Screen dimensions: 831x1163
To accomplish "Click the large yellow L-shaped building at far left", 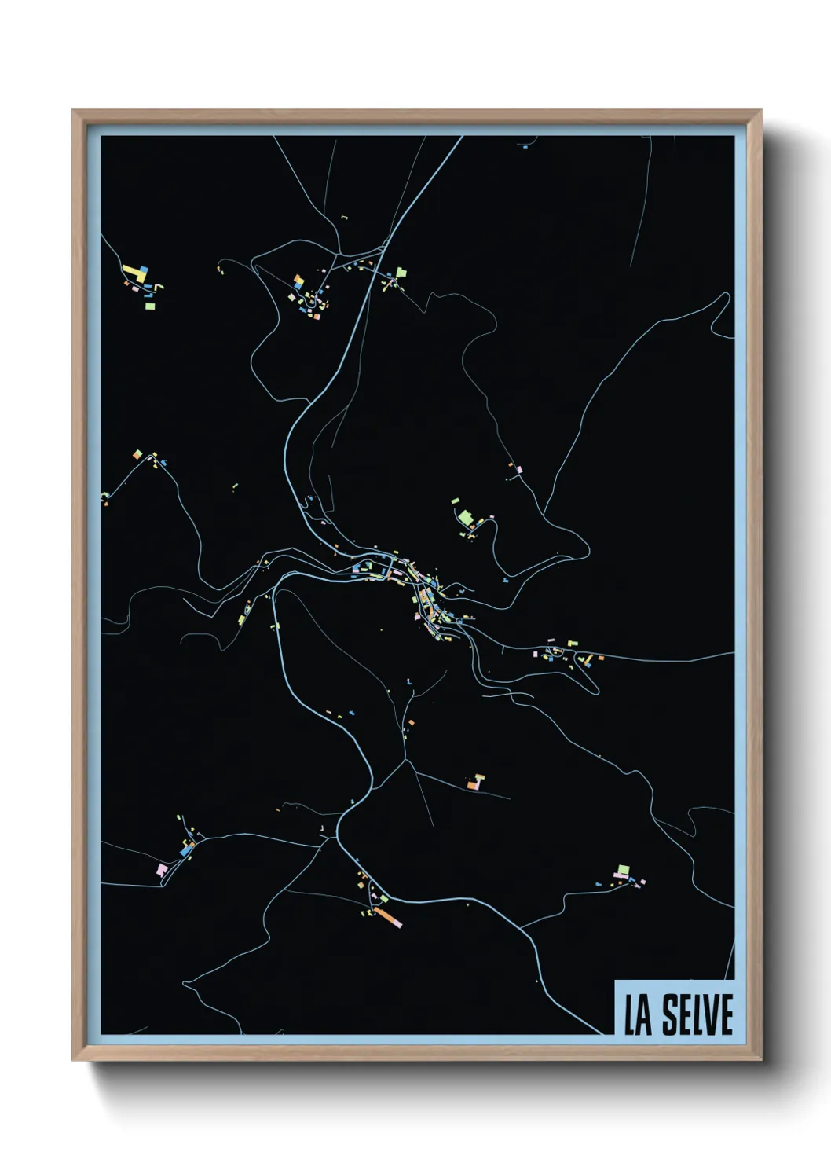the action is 136,274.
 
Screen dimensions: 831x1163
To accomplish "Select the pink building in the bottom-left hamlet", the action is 163,868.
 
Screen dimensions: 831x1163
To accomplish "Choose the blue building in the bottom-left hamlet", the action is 185,850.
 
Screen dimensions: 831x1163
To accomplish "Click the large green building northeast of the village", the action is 466,518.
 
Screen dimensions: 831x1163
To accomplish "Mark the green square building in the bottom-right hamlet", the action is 623,869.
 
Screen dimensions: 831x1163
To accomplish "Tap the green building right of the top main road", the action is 402,272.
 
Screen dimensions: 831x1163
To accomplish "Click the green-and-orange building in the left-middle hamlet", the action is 138,454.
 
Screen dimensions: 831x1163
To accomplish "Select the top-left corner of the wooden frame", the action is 73,112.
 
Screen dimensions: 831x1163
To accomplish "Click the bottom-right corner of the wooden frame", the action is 761,1060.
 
